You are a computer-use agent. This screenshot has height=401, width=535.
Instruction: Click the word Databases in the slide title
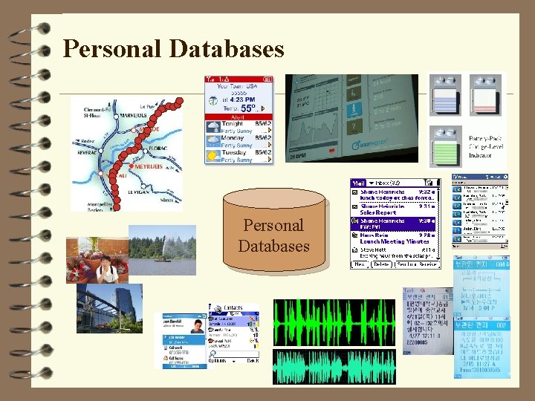click(x=227, y=49)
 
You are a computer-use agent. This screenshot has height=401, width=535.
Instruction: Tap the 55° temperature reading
click(x=249, y=107)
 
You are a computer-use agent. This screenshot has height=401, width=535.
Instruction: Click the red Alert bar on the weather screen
click(x=239, y=117)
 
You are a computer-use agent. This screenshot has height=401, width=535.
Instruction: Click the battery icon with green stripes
click(x=445, y=140)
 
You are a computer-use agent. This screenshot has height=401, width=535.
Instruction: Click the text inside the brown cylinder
click(x=273, y=235)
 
